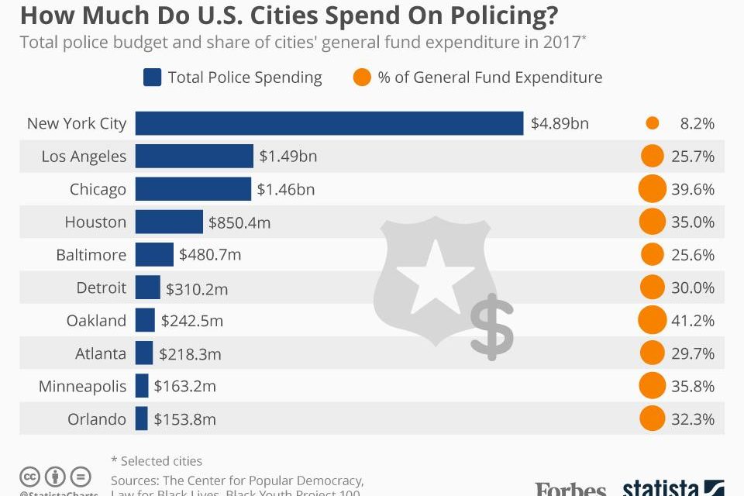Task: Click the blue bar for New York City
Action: click(329, 123)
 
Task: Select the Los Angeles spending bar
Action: click(195, 156)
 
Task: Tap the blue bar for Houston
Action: click(169, 222)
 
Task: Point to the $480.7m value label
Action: click(210, 255)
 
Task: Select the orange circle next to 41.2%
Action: click(652, 320)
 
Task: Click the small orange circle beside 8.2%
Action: click(652, 123)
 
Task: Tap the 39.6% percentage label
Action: click(693, 189)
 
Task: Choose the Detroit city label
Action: click(101, 288)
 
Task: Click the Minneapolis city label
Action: click(82, 386)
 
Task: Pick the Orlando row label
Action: click(96, 419)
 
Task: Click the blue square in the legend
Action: click(152, 77)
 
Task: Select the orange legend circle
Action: click(361, 77)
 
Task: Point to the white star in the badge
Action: click(436, 275)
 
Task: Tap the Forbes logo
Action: click(570, 488)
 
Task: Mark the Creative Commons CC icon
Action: click(30, 476)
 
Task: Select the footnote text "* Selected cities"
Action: click(157, 461)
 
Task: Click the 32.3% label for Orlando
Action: click(693, 419)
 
